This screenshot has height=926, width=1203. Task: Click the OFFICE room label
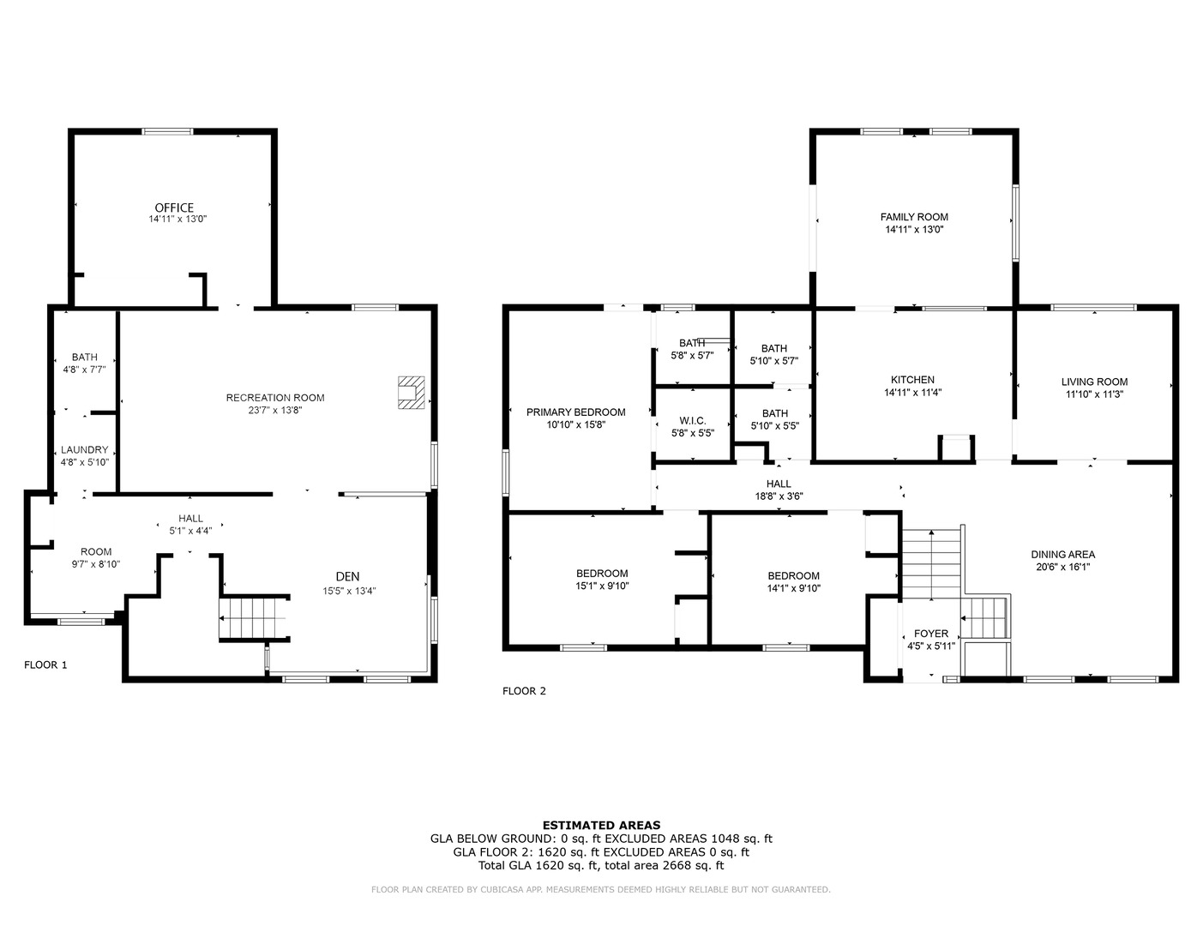[x=174, y=207]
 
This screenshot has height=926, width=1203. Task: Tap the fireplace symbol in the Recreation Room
[x=412, y=393]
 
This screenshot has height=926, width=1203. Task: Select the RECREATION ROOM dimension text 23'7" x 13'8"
[x=275, y=410]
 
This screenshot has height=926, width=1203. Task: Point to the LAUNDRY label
[x=85, y=450]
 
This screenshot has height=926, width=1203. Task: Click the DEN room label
[x=347, y=576]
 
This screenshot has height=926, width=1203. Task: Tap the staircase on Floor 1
[x=254, y=618]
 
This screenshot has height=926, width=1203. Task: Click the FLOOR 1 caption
[x=45, y=664]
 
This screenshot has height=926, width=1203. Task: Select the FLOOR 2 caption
[x=524, y=691]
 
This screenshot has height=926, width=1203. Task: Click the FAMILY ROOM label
[x=914, y=217]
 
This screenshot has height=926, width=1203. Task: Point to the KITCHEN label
[x=912, y=380]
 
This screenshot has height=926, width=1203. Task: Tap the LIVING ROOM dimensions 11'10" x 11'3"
[x=1094, y=394]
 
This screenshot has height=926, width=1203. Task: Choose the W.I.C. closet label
[x=693, y=421]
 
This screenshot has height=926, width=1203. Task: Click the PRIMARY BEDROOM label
[x=575, y=412]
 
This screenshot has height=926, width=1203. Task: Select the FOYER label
[x=931, y=634]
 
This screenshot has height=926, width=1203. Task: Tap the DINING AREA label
[x=1063, y=554]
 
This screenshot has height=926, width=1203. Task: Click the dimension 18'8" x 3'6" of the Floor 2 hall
[x=779, y=496]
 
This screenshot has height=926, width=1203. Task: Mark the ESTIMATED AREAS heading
[x=601, y=826]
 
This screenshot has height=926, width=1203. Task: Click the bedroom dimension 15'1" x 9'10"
[x=602, y=586]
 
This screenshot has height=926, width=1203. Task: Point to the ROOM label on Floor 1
[x=96, y=551]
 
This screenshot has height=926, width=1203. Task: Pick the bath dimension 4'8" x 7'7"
[x=84, y=370]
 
